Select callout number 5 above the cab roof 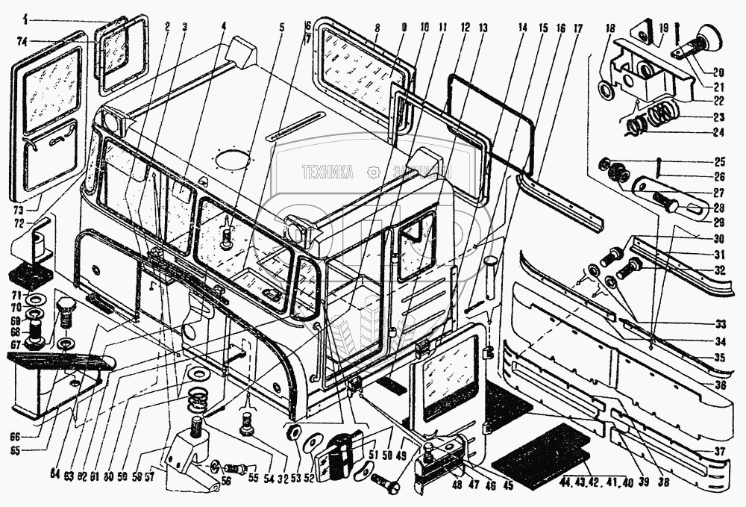282,28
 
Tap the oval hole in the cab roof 231,160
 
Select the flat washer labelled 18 606,91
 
